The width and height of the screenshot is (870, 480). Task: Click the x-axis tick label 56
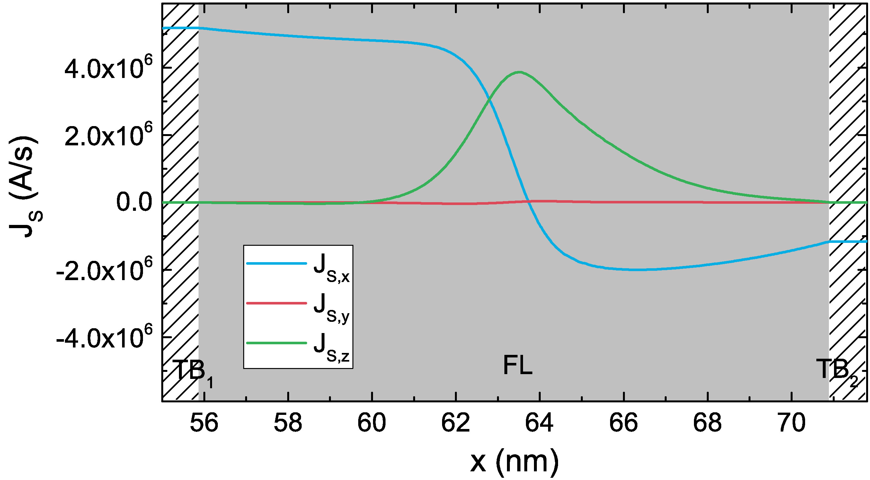[x=204, y=423]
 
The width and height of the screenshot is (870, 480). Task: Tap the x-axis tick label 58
[x=288, y=423]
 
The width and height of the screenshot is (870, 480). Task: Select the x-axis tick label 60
[x=371, y=423]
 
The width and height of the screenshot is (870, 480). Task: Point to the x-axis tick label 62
[x=456, y=423]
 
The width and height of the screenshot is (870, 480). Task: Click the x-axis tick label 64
[x=539, y=423]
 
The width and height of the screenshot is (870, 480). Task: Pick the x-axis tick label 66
[x=624, y=423]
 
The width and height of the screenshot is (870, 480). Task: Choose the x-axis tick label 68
[x=707, y=423]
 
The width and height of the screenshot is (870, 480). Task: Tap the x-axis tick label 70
[x=791, y=423]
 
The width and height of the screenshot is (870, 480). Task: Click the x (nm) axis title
[x=514, y=461]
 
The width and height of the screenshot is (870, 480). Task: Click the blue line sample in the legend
[x=276, y=263]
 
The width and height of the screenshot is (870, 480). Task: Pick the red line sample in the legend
[x=276, y=303]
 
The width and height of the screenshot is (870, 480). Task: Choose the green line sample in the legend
[x=276, y=343]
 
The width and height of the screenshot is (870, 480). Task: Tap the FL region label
[x=518, y=366]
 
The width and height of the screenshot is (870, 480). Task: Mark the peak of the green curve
[x=519, y=72]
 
